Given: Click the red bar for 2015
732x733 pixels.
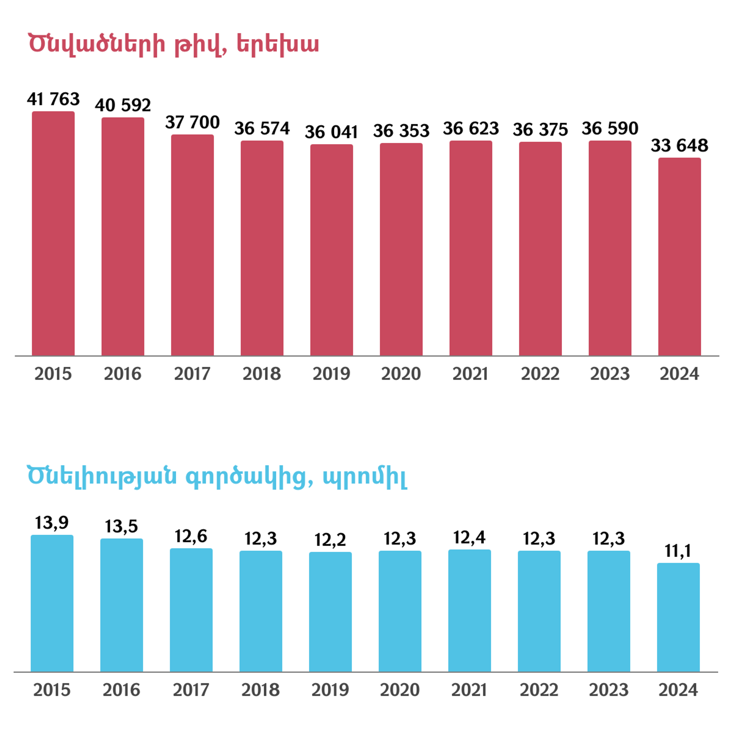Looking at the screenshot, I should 53,233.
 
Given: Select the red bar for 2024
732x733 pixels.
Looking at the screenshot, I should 679,257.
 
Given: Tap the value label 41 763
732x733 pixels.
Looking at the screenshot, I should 53,99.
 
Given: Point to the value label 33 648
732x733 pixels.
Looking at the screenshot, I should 679,145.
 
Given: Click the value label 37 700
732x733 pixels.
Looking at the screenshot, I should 192,122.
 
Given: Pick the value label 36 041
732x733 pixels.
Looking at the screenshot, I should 331,132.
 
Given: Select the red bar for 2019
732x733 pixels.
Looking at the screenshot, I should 331,250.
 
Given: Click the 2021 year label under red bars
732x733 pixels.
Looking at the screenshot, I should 470,374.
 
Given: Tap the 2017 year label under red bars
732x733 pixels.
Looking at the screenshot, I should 192,374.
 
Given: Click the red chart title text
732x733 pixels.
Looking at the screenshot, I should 173,44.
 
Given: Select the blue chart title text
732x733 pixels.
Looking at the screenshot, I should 217,476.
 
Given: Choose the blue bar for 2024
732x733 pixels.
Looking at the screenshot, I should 678,617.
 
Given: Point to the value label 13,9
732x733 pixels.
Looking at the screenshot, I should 52,523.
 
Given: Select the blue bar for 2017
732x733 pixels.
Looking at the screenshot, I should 191,610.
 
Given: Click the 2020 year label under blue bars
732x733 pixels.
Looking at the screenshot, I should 400,690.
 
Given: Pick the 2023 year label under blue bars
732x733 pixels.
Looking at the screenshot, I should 608,690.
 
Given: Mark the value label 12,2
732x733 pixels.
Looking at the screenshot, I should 330,540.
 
